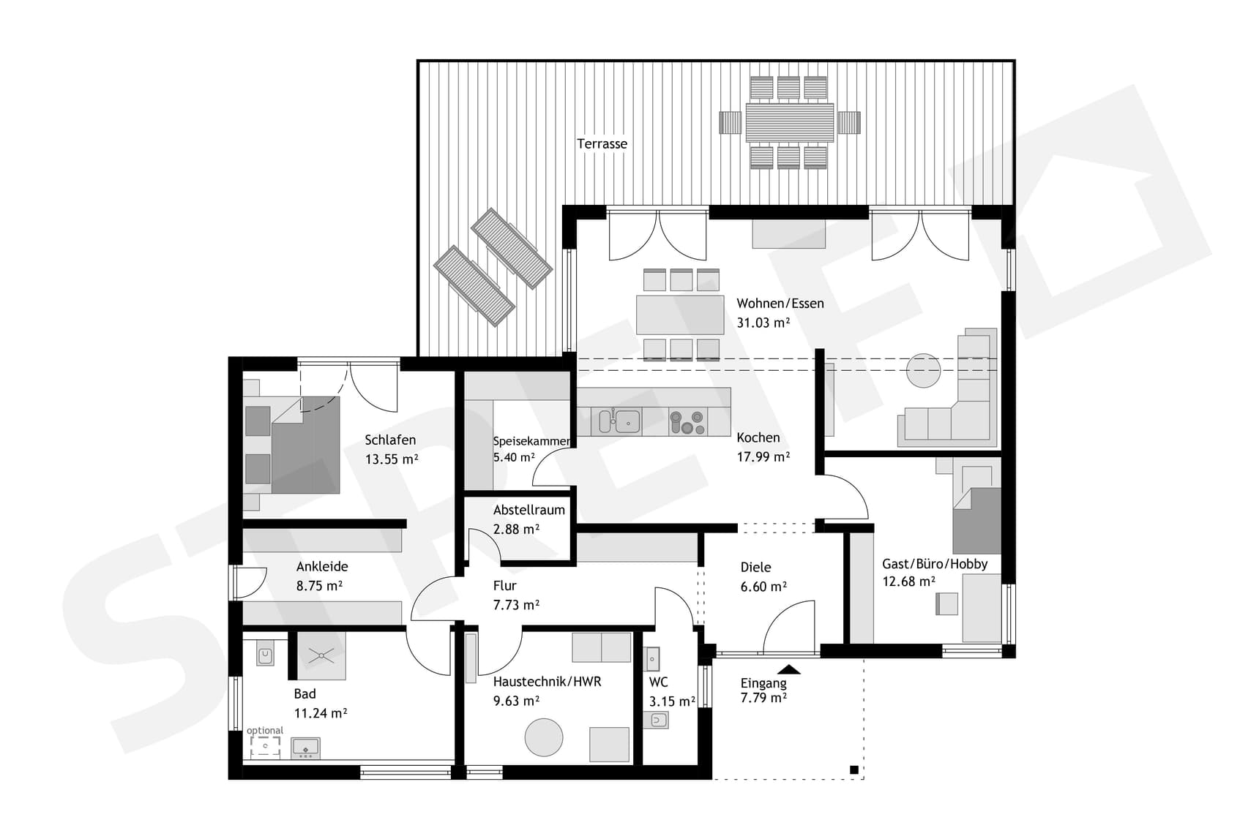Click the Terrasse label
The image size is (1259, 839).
pyautogui.click(x=602, y=144)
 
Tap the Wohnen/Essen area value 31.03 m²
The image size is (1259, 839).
pyautogui.click(x=763, y=323)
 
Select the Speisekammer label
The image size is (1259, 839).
pyautogui.click(x=531, y=441)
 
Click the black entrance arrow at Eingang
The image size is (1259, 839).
pyautogui.click(x=788, y=669)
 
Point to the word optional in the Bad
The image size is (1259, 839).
pyautogui.click(x=264, y=730)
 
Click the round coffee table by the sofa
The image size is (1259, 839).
pyautogui.click(x=923, y=371)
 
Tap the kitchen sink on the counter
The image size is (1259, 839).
pyautogui.click(x=627, y=421)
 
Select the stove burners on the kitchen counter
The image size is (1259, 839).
pyautogui.click(x=687, y=422)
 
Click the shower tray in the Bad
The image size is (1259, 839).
pyautogui.click(x=321, y=655)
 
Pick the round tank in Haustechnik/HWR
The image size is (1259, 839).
pyautogui.click(x=544, y=737)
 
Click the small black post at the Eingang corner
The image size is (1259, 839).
pyautogui.click(x=853, y=770)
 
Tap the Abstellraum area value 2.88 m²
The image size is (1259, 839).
pyautogui.click(x=516, y=529)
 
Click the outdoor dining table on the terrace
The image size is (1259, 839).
pyautogui.click(x=789, y=122)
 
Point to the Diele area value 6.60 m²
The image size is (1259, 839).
pyautogui.click(x=763, y=587)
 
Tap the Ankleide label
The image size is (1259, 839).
pyautogui.click(x=321, y=566)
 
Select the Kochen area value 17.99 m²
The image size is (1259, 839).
pyautogui.click(x=763, y=457)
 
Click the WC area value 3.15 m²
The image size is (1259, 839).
pyautogui.click(x=671, y=701)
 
